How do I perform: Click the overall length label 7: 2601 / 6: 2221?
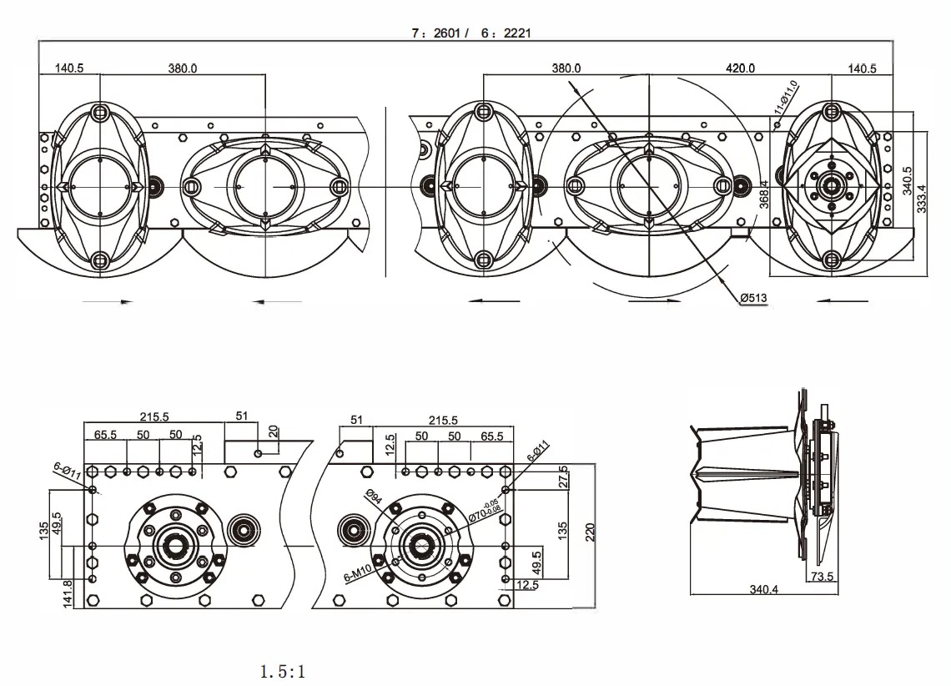471,33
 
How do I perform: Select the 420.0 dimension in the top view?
740,68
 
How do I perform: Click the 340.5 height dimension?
908,179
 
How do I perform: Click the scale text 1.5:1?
282,671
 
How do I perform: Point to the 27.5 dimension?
563,477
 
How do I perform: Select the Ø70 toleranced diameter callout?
484,509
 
